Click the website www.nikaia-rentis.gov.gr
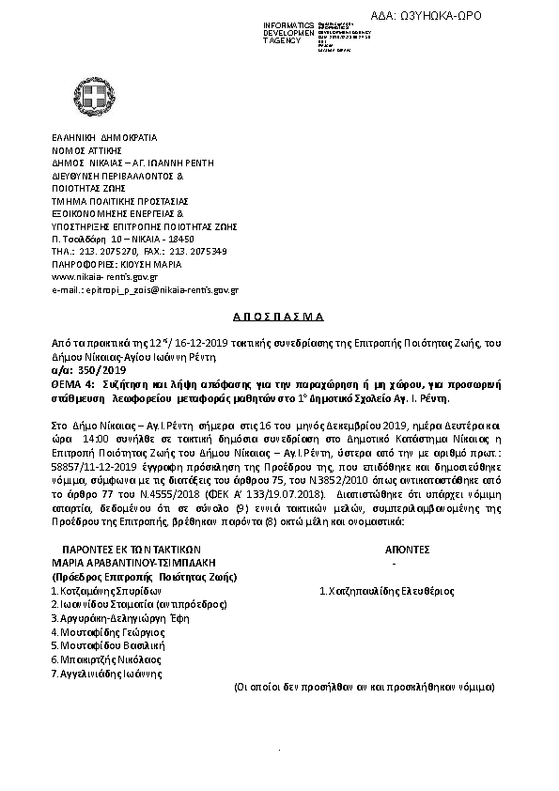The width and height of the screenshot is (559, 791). point(104,277)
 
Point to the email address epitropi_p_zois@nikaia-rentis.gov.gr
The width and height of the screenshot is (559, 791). point(145,292)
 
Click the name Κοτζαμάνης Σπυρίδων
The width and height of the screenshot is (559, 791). point(100,591)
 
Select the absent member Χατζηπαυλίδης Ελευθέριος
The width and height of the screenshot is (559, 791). point(387,591)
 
